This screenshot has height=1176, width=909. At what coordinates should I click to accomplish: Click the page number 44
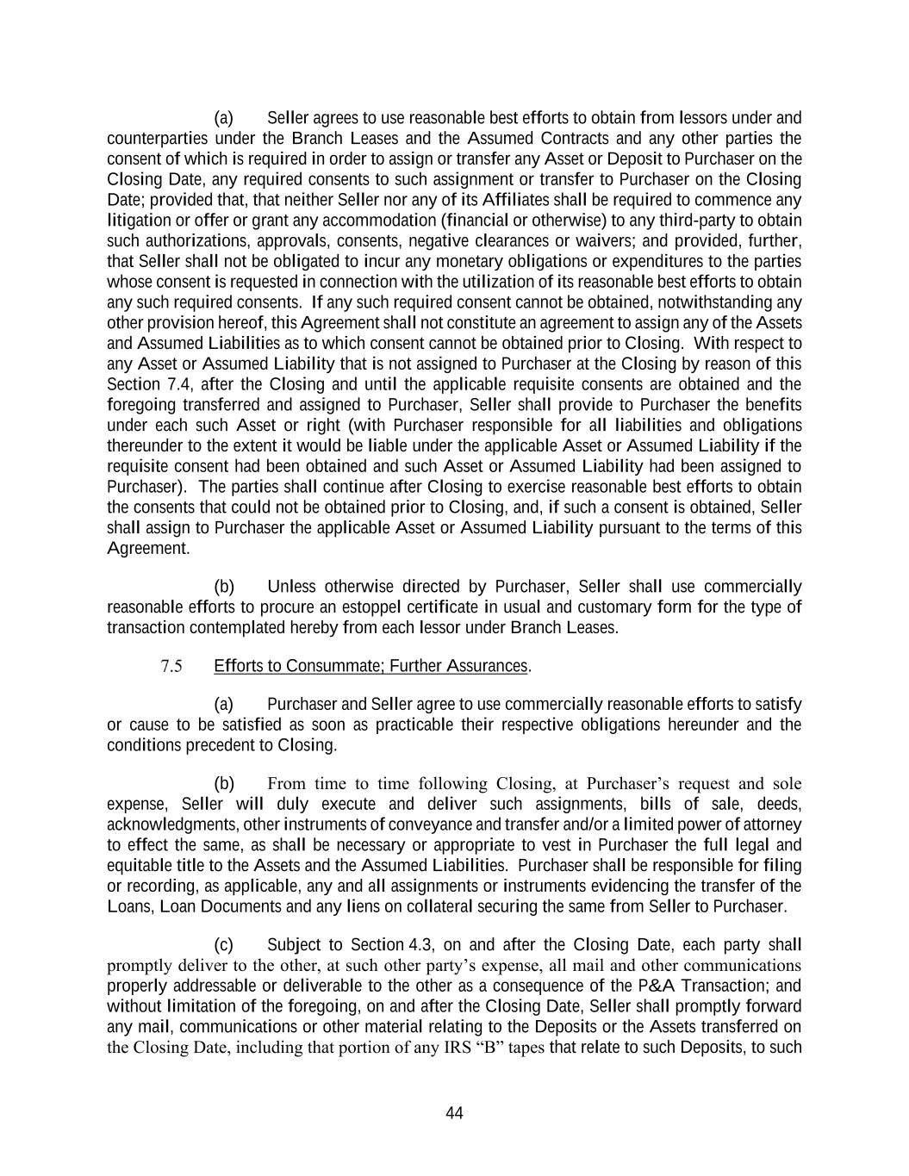(454, 1113)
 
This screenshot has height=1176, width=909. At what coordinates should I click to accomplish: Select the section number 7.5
(171, 666)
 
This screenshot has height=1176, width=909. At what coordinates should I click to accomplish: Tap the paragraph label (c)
(223, 944)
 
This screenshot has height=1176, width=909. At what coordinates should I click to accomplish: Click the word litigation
(134, 221)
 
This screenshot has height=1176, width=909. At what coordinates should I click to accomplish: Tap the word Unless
(291, 587)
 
